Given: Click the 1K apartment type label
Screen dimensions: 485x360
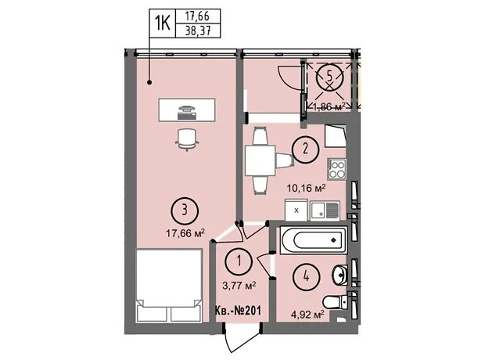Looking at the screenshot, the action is point(163,23).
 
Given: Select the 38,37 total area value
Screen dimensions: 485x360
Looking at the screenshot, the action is point(198,31).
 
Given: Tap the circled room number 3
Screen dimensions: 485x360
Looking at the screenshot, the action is point(185,211).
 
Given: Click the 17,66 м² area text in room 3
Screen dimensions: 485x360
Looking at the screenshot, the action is point(185,232).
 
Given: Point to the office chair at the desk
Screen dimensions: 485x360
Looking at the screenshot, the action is point(187,139).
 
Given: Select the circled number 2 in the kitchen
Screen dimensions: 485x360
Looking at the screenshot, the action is point(305,149).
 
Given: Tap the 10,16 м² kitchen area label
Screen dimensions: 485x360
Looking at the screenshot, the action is point(306,188).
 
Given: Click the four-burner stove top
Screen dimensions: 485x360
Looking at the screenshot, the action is point(337,169).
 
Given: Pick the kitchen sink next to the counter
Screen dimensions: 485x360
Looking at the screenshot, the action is point(325,211).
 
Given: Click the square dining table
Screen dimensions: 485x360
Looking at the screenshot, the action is point(260,160).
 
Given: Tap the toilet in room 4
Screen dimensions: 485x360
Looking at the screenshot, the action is point(336,301).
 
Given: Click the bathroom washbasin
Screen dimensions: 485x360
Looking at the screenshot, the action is point(340,275).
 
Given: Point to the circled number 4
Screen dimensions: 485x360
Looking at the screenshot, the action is point(306,275).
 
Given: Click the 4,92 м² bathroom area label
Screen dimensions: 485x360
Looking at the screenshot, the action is point(307,315).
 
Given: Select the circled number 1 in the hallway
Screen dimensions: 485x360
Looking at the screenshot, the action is point(239,261).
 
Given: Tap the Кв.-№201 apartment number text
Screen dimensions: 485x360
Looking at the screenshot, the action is point(239,310).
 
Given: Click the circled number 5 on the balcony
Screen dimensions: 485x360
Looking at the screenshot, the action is point(330,76).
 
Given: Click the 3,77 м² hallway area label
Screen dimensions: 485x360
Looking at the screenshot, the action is point(239,285).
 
